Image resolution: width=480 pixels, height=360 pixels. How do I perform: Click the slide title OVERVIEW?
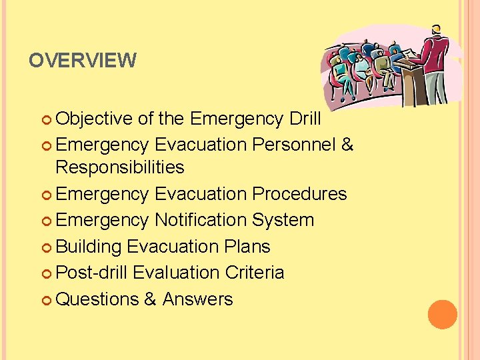[82, 61]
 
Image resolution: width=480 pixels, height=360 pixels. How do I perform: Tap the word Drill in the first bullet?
[305, 119]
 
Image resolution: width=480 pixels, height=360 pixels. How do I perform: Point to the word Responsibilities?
[120, 167]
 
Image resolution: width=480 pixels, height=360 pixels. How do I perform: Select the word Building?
[89, 247]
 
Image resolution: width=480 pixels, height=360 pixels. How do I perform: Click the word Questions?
[97, 299]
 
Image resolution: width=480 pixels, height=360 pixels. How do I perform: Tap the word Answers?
[197, 299]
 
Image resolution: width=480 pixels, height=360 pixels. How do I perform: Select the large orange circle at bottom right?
[443, 315]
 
